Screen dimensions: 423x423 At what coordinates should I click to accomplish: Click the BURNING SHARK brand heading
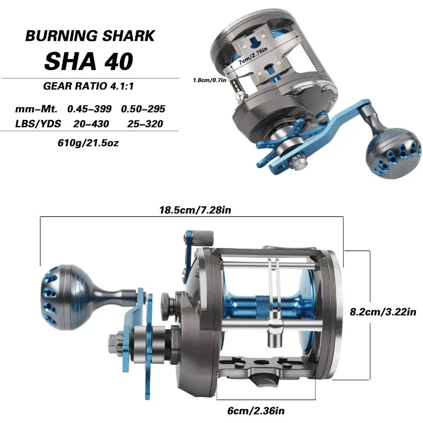[x=90, y=36]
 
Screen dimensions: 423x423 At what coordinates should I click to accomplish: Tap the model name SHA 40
[x=89, y=61]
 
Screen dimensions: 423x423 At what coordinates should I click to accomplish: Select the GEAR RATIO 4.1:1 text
[x=92, y=86]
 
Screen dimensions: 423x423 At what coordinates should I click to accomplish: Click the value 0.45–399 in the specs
[x=89, y=109]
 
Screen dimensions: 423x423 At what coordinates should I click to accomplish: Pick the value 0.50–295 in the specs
[x=143, y=109]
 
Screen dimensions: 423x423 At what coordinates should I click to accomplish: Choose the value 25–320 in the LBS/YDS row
[x=145, y=124]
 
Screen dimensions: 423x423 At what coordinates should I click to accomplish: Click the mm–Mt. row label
[x=36, y=109]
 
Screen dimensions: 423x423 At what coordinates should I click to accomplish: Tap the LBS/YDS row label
[x=36, y=124]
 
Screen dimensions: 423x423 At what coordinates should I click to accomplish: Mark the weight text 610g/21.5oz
[x=87, y=142]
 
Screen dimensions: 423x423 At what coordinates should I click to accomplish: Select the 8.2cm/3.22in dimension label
[x=384, y=311]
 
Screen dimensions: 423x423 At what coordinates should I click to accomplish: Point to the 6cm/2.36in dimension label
[x=256, y=411]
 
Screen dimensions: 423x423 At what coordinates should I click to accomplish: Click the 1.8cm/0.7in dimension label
[x=210, y=80]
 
